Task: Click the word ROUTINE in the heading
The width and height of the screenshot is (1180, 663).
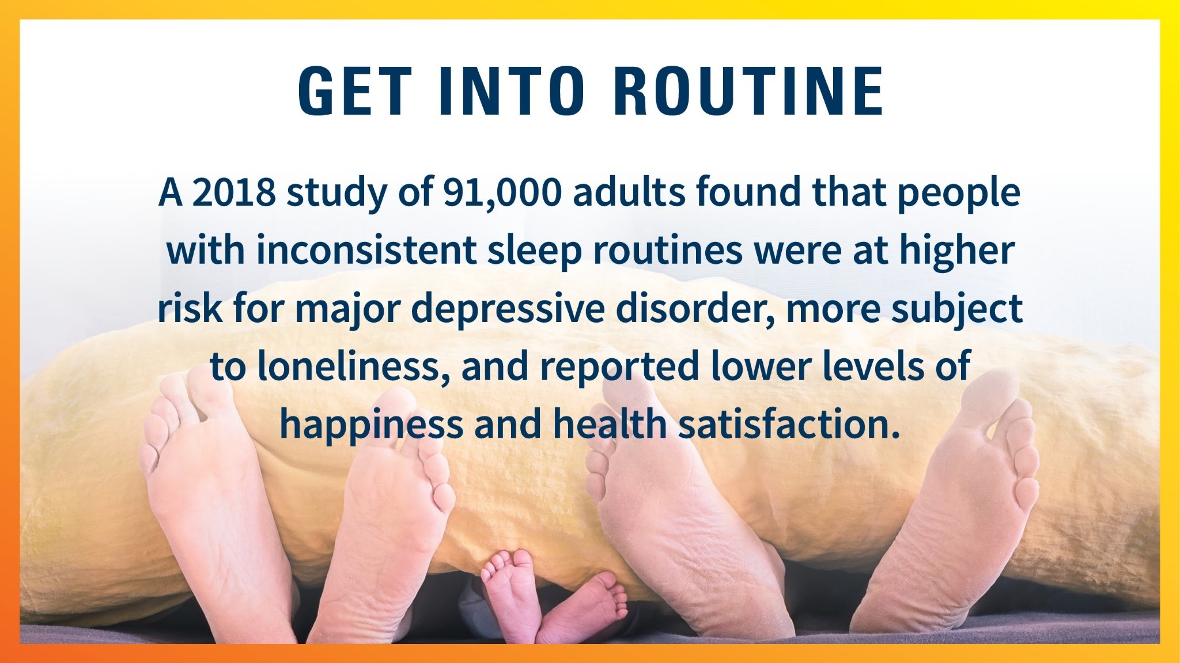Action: (x=748, y=91)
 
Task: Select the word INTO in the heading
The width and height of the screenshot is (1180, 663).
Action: (x=512, y=91)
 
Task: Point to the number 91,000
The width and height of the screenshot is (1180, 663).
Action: (x=501, y=193)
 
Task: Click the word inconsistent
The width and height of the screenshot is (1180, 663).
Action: (x=366, y=250)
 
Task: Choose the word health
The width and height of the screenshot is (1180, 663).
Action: (x=610, y=423)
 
